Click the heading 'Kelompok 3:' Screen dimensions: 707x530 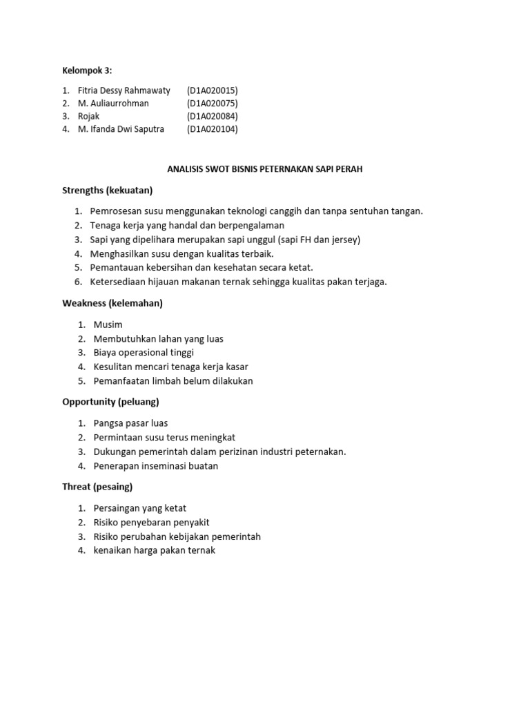click(x=86, y=70)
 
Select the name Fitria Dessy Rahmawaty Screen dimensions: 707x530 click(x=124, y=90)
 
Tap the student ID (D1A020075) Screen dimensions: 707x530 click(x=212, y=104)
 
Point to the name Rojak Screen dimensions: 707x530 click(x=89, y=116)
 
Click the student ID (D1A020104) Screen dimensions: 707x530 click(x=212, y=129)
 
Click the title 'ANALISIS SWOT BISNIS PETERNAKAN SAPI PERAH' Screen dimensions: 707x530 click(x=265, y=169)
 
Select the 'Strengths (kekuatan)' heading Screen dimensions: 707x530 click(x=107, y=190)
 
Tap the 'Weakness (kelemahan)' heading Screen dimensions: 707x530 click(x=112, y=303)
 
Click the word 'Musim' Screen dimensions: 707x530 click(x=108, y=325)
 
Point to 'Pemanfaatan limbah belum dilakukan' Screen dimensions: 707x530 click(x=173, y=381)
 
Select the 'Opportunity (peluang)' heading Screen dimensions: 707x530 click(x=110, y=402)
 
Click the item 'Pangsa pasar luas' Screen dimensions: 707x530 click(x=130, y=423)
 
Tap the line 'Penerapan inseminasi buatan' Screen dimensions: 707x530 click(x=156, y=466)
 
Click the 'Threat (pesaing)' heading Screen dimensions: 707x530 click(x=97, y=487)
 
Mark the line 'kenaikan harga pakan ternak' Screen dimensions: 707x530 click(x=155, y=551)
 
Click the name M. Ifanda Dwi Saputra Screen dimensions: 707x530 click(x=121, y=129)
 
